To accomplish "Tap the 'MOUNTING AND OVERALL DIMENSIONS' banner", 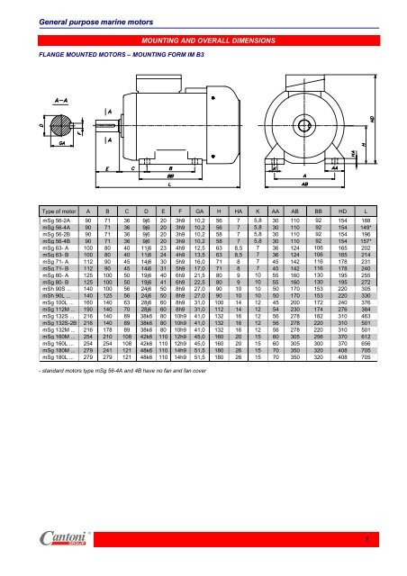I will [x=203, y=40].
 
